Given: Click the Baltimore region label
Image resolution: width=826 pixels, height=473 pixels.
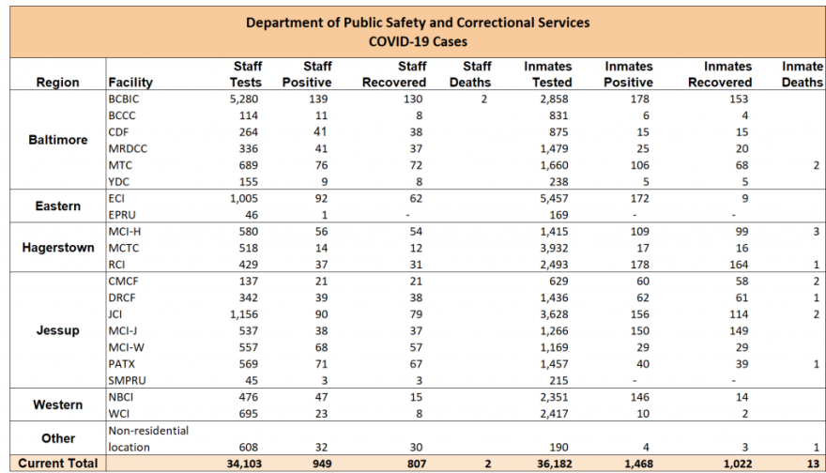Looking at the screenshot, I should coord(57,140).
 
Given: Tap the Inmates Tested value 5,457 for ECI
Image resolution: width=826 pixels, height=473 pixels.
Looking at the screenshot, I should coord(549,199).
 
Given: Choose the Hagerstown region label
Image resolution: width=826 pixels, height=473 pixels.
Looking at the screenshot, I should coord(57,248).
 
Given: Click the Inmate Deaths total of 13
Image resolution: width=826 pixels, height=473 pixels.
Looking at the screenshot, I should coord(813,464).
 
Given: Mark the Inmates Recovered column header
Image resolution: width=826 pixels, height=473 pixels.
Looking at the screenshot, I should coord(727,74).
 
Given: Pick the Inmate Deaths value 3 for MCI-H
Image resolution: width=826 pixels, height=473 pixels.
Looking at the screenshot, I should coord(817,232).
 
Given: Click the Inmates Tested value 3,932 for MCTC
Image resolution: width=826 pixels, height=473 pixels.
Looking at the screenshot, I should coord(549,248).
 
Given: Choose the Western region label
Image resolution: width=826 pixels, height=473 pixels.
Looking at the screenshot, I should coord(57,404).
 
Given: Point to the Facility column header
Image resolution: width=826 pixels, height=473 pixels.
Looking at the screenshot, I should coord(130,82).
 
